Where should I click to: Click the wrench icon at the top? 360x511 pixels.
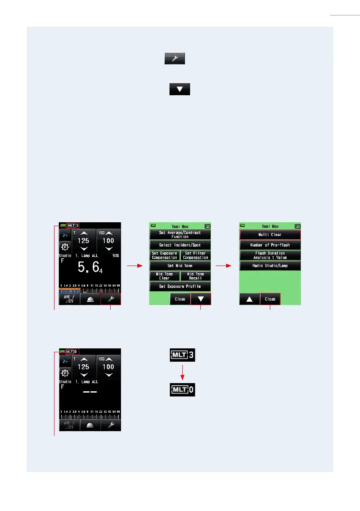pos(175,59)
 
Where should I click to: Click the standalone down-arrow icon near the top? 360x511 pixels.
pos(180,89)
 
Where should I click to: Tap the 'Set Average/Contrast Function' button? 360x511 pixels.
pos(180,234)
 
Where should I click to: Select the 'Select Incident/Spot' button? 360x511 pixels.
pos(180,245)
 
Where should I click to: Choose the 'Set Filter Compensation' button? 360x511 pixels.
pos(195,255)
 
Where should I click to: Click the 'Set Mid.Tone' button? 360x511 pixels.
pos(180,266)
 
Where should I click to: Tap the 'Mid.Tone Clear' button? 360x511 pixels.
pos(164,276)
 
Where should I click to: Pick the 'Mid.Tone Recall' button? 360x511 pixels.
pos(195,276)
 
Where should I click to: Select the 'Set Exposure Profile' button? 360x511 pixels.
pos(180,287)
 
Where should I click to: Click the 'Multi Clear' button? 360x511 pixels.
pos(270,235)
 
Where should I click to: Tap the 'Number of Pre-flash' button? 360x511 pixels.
pos(270,245)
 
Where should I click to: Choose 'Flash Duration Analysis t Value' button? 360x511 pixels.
pos(270,255)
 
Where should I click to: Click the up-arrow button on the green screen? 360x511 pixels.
pos(249,299)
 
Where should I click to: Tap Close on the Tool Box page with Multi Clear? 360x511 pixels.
pos(270,299)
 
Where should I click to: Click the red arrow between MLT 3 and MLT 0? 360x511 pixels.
pos(182,372)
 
